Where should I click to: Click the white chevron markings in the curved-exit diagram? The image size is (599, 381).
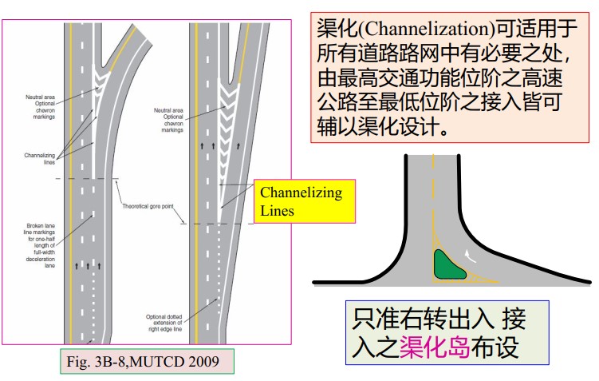[100, 77]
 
